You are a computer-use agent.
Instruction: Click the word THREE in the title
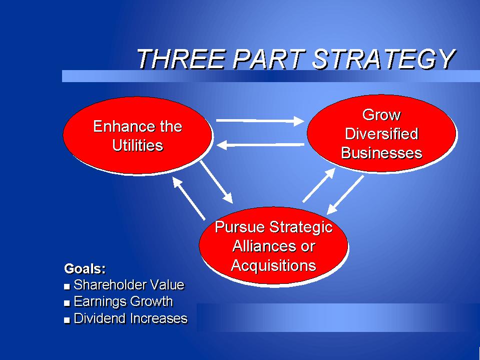click(x=182, y=59)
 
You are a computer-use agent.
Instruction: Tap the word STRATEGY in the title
click(x=384, y=59)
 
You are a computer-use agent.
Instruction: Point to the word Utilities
click(x=138, y=145)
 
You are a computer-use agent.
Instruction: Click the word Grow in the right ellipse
click(x=381, y=115)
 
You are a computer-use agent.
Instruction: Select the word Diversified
click(x=381, y=134)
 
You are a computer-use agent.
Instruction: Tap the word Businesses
click(x=381, y=153)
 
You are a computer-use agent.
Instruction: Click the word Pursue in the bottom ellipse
click(x=240, y=227)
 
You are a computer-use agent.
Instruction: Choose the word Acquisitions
click(x=273, y=265)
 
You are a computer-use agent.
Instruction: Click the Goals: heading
click(x=85, y=269)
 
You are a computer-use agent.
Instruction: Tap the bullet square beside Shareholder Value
click(x=67, y=287)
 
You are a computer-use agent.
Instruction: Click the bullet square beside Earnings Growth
click(x=67, y=303)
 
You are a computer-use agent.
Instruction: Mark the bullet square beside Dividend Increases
click(x=67, y=320)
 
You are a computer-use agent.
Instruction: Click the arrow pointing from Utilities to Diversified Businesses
click(x=260, y=121)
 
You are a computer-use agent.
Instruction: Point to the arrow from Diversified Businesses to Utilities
click(x=260, y=145)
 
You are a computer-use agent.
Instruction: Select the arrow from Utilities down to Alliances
click(x=216, y=182)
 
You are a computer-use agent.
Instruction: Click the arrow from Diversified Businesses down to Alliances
click(x=345, y=195)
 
